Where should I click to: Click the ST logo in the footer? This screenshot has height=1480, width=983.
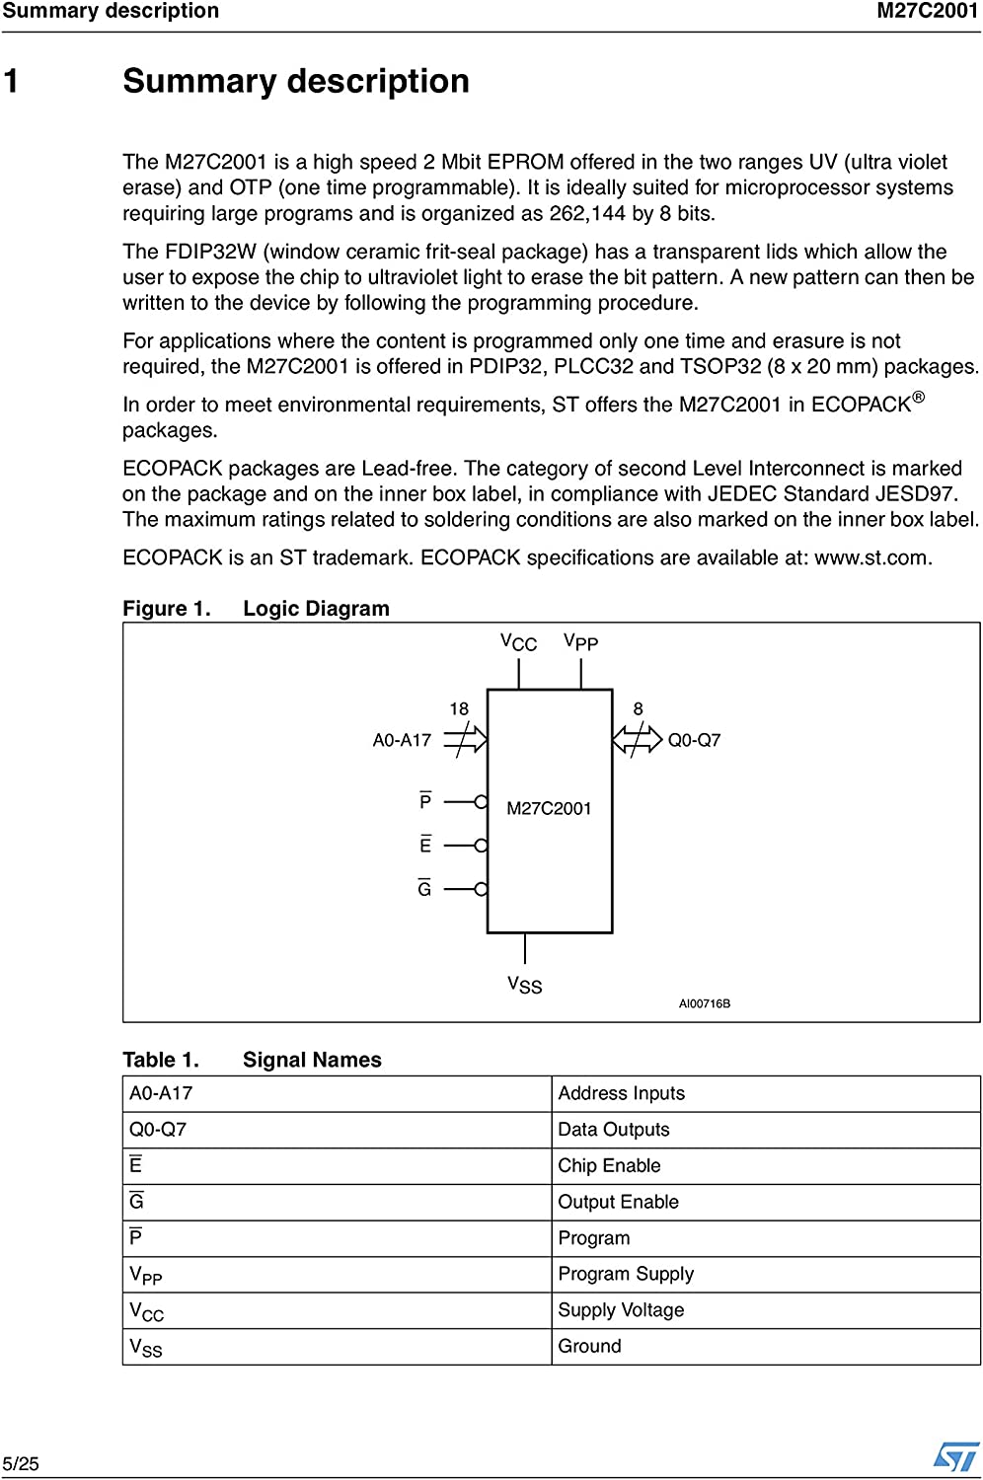click(955, 1456)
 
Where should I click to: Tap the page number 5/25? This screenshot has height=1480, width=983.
click(21, 1464)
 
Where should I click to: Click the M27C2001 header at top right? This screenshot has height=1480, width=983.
click(927, 11)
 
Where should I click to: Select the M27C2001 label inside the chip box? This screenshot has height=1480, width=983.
click(549, 809)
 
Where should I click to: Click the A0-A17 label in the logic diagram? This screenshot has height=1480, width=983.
click(402, 740)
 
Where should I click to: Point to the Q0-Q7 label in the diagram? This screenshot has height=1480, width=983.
click(694, 740)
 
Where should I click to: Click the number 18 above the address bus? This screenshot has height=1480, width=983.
click(459, 709)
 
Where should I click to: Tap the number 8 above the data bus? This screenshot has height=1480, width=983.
click(638, 709)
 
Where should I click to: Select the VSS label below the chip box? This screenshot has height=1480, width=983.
click(524, 985)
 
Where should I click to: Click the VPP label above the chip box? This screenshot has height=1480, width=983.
click(580, 642)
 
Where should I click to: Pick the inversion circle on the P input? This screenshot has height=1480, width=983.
click(482, 802)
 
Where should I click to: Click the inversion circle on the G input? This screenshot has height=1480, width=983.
click(482, 889)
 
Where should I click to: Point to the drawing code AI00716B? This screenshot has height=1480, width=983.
click(704, 1003)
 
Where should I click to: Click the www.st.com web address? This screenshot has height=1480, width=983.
click(871, 557)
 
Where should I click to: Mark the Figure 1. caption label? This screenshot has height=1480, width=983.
click(166, 609)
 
